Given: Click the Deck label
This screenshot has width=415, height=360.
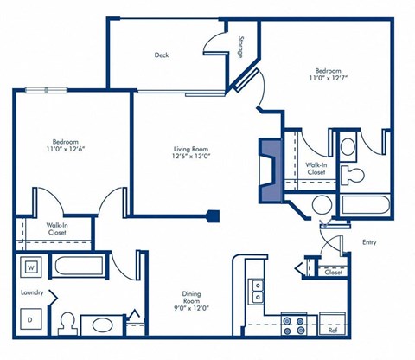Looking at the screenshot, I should [x=162, y=55].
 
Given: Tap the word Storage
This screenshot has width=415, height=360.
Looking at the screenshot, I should [x=239, y=48].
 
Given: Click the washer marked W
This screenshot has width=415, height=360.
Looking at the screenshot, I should [x=30, y=267].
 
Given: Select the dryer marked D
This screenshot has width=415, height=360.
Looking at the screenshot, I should [x=30, y=319].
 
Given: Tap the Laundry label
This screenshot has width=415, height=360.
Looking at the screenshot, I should [x=32, y=292].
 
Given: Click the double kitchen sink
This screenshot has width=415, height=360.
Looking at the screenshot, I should [x=256, y=290].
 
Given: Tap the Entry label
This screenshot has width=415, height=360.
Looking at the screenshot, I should [x=369, y=241].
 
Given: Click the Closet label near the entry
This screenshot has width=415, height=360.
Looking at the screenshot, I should [x=333, y=272].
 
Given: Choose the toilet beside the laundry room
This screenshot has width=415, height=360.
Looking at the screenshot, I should [x=67, y=324].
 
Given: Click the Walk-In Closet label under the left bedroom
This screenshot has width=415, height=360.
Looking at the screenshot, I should [x=58, y=228].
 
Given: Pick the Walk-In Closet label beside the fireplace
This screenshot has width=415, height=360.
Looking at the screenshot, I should [x=316, y=168].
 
